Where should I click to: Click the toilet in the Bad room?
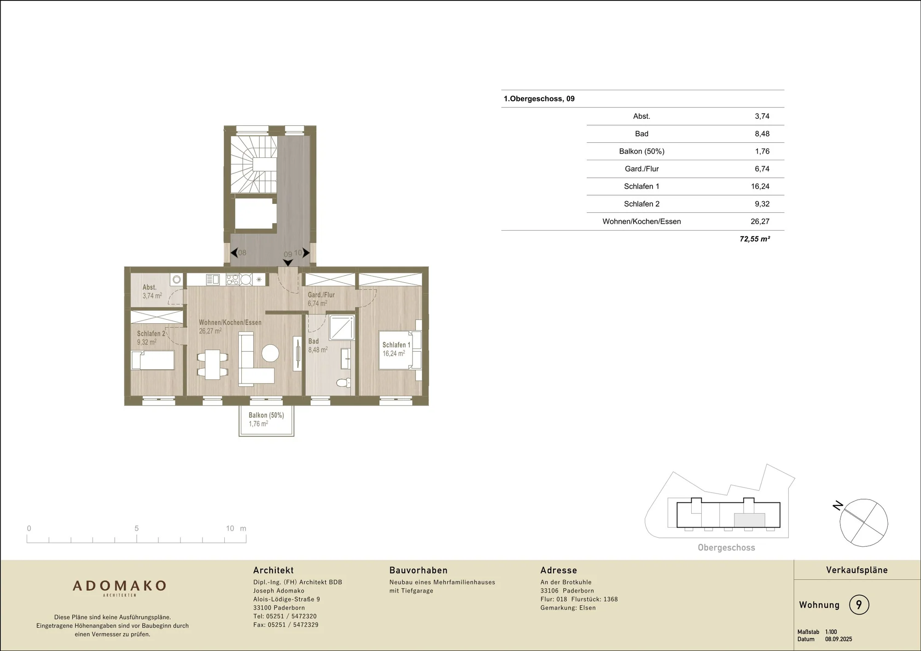(344, 383)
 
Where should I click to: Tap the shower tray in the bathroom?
(342, 327)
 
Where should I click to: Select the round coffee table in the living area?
(270, 354)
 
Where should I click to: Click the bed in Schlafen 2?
(153, 360)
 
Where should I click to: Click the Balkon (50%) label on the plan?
(266, 415)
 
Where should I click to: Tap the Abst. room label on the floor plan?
(150, 287)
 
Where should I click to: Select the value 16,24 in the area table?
(760, 186)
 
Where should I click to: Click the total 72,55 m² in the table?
(755, 239)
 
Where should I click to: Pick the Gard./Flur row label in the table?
(641, 169)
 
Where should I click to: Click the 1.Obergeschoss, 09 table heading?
(539, 99)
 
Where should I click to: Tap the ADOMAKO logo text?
(119, 586)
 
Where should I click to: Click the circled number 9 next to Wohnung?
(859, 604)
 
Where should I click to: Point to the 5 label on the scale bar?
(136, 528)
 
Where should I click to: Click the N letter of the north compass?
(838, 506)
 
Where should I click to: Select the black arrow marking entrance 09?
(288, 262)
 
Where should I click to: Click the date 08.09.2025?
(839, 639)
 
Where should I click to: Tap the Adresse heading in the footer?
(559, 570)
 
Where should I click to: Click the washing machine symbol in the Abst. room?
(176, 279)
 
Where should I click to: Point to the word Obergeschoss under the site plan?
(726, 547)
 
